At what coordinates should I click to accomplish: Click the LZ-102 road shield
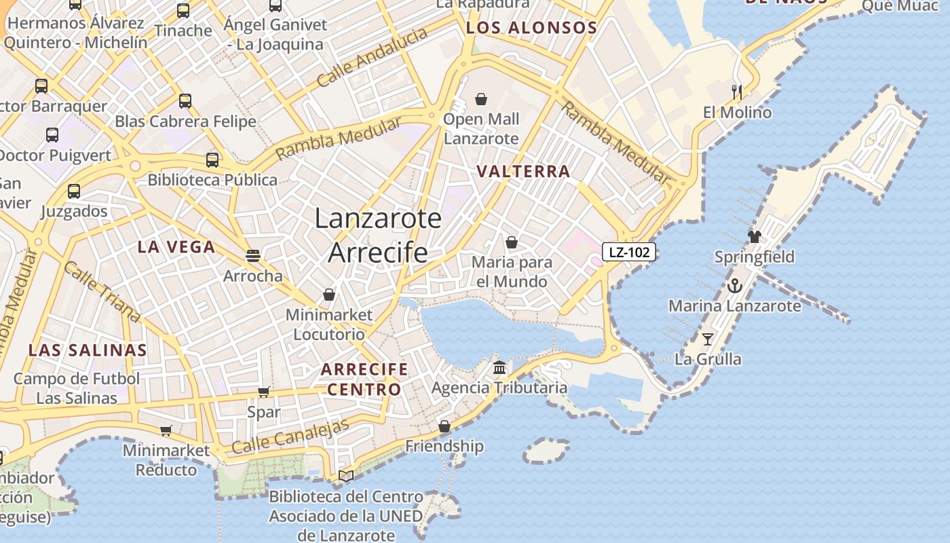tap(629, 252)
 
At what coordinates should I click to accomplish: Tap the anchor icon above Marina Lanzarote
tap(735, 286)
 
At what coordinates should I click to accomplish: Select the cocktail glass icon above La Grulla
tap(708, 339)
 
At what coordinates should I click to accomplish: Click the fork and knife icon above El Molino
tap(737, 92)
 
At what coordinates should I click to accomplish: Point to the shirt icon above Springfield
tap(755, 236)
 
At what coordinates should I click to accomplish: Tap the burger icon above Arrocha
tap(253, 255)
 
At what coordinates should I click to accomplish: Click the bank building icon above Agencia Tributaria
tap(499, 368)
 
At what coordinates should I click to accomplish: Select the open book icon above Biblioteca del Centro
tap(346, 476)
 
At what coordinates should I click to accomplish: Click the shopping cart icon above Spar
tap(263, 392)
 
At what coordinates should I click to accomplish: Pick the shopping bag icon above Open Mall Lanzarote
tap(481, 99)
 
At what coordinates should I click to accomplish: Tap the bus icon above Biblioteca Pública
tap(212, 160)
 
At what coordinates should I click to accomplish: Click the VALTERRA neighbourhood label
tap(523, 171)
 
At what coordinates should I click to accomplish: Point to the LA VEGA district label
tap(176, 247)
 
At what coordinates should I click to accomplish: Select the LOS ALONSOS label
tap(531, 28)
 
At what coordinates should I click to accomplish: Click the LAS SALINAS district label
tap(88, 350)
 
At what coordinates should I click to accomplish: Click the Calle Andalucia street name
tap(373, 57)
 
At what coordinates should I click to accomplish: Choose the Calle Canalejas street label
tap(290, 437)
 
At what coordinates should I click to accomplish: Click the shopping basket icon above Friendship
tap(444, 426)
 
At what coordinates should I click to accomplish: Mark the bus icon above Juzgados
tap(74, 191)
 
